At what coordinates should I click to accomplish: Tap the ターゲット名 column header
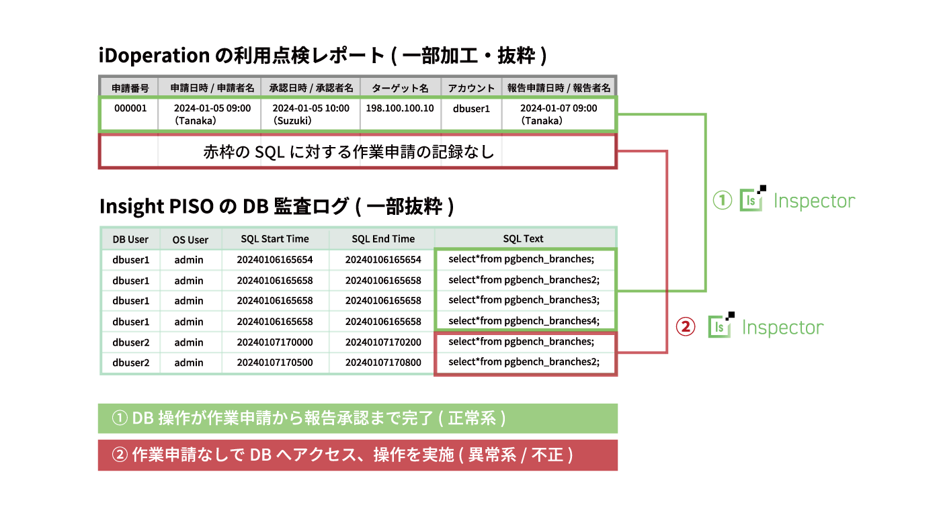pos(400,88)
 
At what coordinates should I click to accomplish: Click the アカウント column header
pos(471,88)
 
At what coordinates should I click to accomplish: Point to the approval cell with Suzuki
pos(311,114)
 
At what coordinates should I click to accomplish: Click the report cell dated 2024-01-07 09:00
pos(559,114)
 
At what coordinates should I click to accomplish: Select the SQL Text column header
pos(523,238)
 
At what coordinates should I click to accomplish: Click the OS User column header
pos(190,239)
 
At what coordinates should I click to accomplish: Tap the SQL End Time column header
pos(382,238)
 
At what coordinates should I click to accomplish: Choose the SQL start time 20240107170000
pos(275,342)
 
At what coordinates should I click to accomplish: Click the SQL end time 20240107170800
pos(382,363)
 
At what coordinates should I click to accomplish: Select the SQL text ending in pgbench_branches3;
pos(524,299)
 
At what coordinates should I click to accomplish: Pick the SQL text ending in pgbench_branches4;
pos(524,321)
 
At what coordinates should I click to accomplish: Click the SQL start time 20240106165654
pos(275,259)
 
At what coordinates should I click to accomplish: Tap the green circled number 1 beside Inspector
pos(722,200)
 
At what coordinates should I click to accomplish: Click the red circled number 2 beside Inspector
pos(685,326)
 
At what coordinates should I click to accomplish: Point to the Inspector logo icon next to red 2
pos(721,325)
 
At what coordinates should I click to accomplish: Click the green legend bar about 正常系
pos(358,418)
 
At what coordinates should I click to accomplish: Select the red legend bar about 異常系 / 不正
pos(358,455)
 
